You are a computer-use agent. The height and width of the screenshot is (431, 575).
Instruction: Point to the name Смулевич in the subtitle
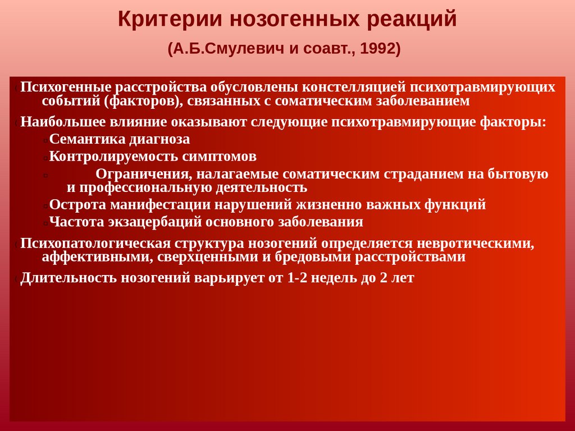click(241, 49)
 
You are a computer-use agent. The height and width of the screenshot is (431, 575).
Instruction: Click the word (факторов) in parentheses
click(143, 102)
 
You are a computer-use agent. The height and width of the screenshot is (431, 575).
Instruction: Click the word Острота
click(77, 204)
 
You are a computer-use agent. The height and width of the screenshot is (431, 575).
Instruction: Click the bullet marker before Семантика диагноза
click(44, 141)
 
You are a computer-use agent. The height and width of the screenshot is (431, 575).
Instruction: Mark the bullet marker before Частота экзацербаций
click(44, 223)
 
